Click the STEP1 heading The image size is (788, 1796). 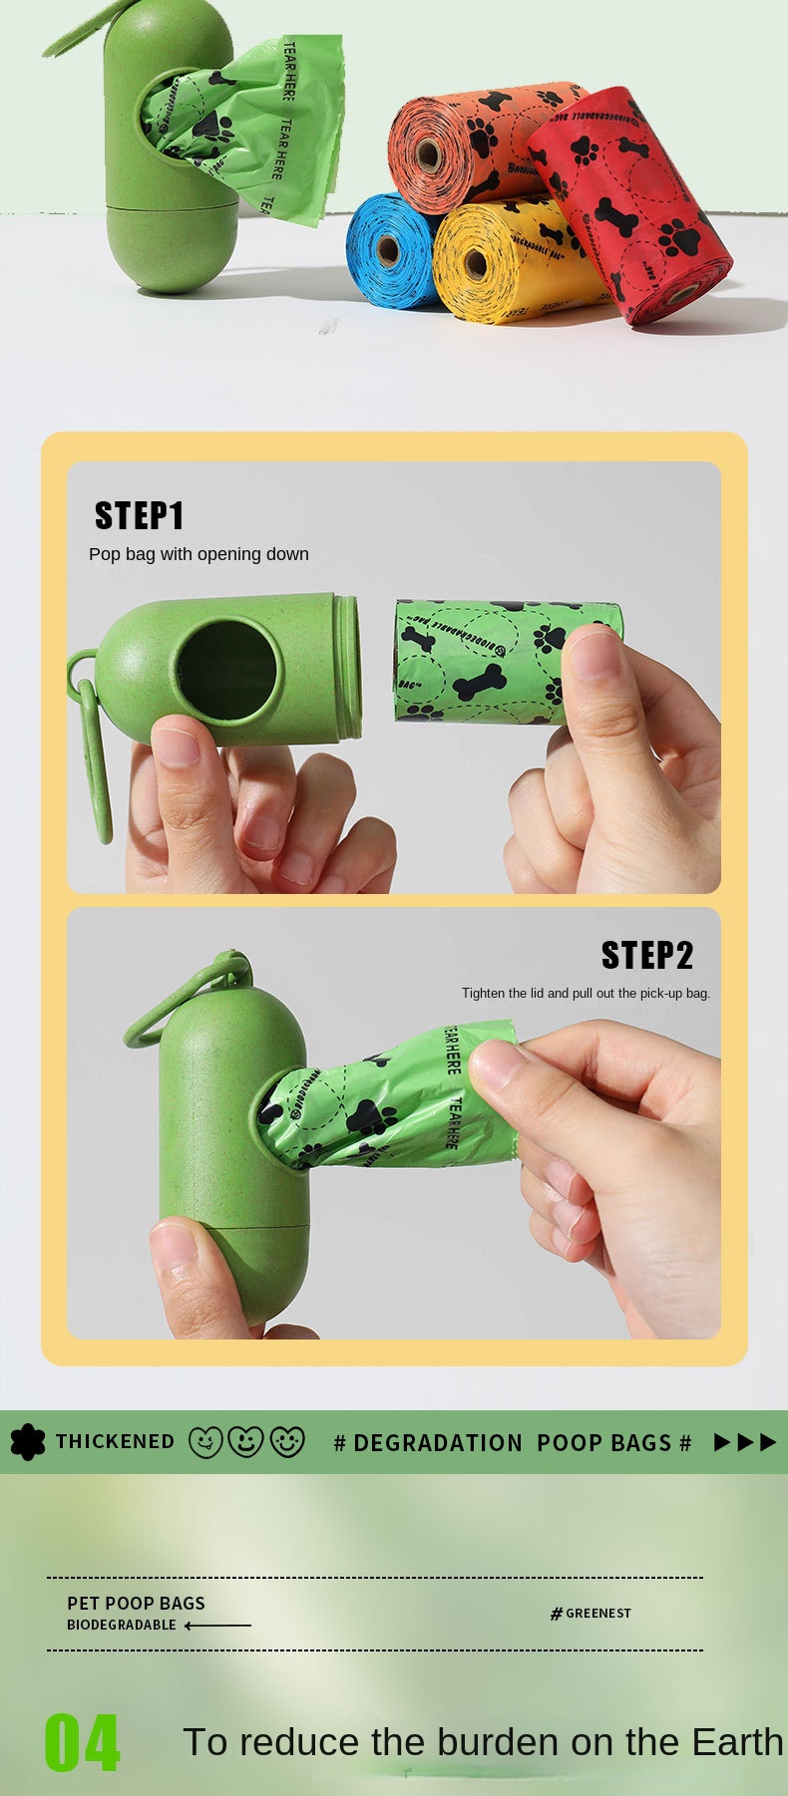coord(140,515)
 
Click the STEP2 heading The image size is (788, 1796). coord(646,955)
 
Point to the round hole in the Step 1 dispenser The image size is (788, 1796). coord(226,670)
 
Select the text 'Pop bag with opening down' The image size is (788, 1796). coord(198,554)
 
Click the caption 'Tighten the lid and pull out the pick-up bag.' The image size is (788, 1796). coord(586,994)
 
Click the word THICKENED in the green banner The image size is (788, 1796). coord(115,1442)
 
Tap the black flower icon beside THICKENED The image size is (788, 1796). coord(27,1442)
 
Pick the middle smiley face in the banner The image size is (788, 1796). coord(245,1442)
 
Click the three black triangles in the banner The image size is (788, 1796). coord(745,1442)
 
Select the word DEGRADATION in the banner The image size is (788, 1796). coord(437,1443)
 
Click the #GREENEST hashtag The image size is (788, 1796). coord(591,1614)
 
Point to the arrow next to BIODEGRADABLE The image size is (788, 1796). coord(217,1626)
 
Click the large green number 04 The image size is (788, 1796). coord(82,1743)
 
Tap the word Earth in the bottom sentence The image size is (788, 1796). coord(738,1742)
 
